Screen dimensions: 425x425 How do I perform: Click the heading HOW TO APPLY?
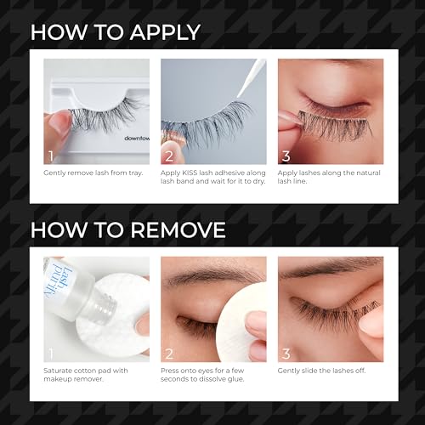coord(116,33)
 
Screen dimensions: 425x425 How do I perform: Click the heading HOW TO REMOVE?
coord(128,229)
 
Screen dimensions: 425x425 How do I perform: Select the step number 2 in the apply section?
coord(168,156)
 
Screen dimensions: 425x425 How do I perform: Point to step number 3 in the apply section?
coord(286,156)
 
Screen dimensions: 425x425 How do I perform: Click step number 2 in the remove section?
coord(168,353)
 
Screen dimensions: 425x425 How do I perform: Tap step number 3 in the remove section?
coord(286,353)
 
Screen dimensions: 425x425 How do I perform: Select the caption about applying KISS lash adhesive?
coord(212,178)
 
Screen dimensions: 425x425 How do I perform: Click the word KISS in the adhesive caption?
coord(191,173)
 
